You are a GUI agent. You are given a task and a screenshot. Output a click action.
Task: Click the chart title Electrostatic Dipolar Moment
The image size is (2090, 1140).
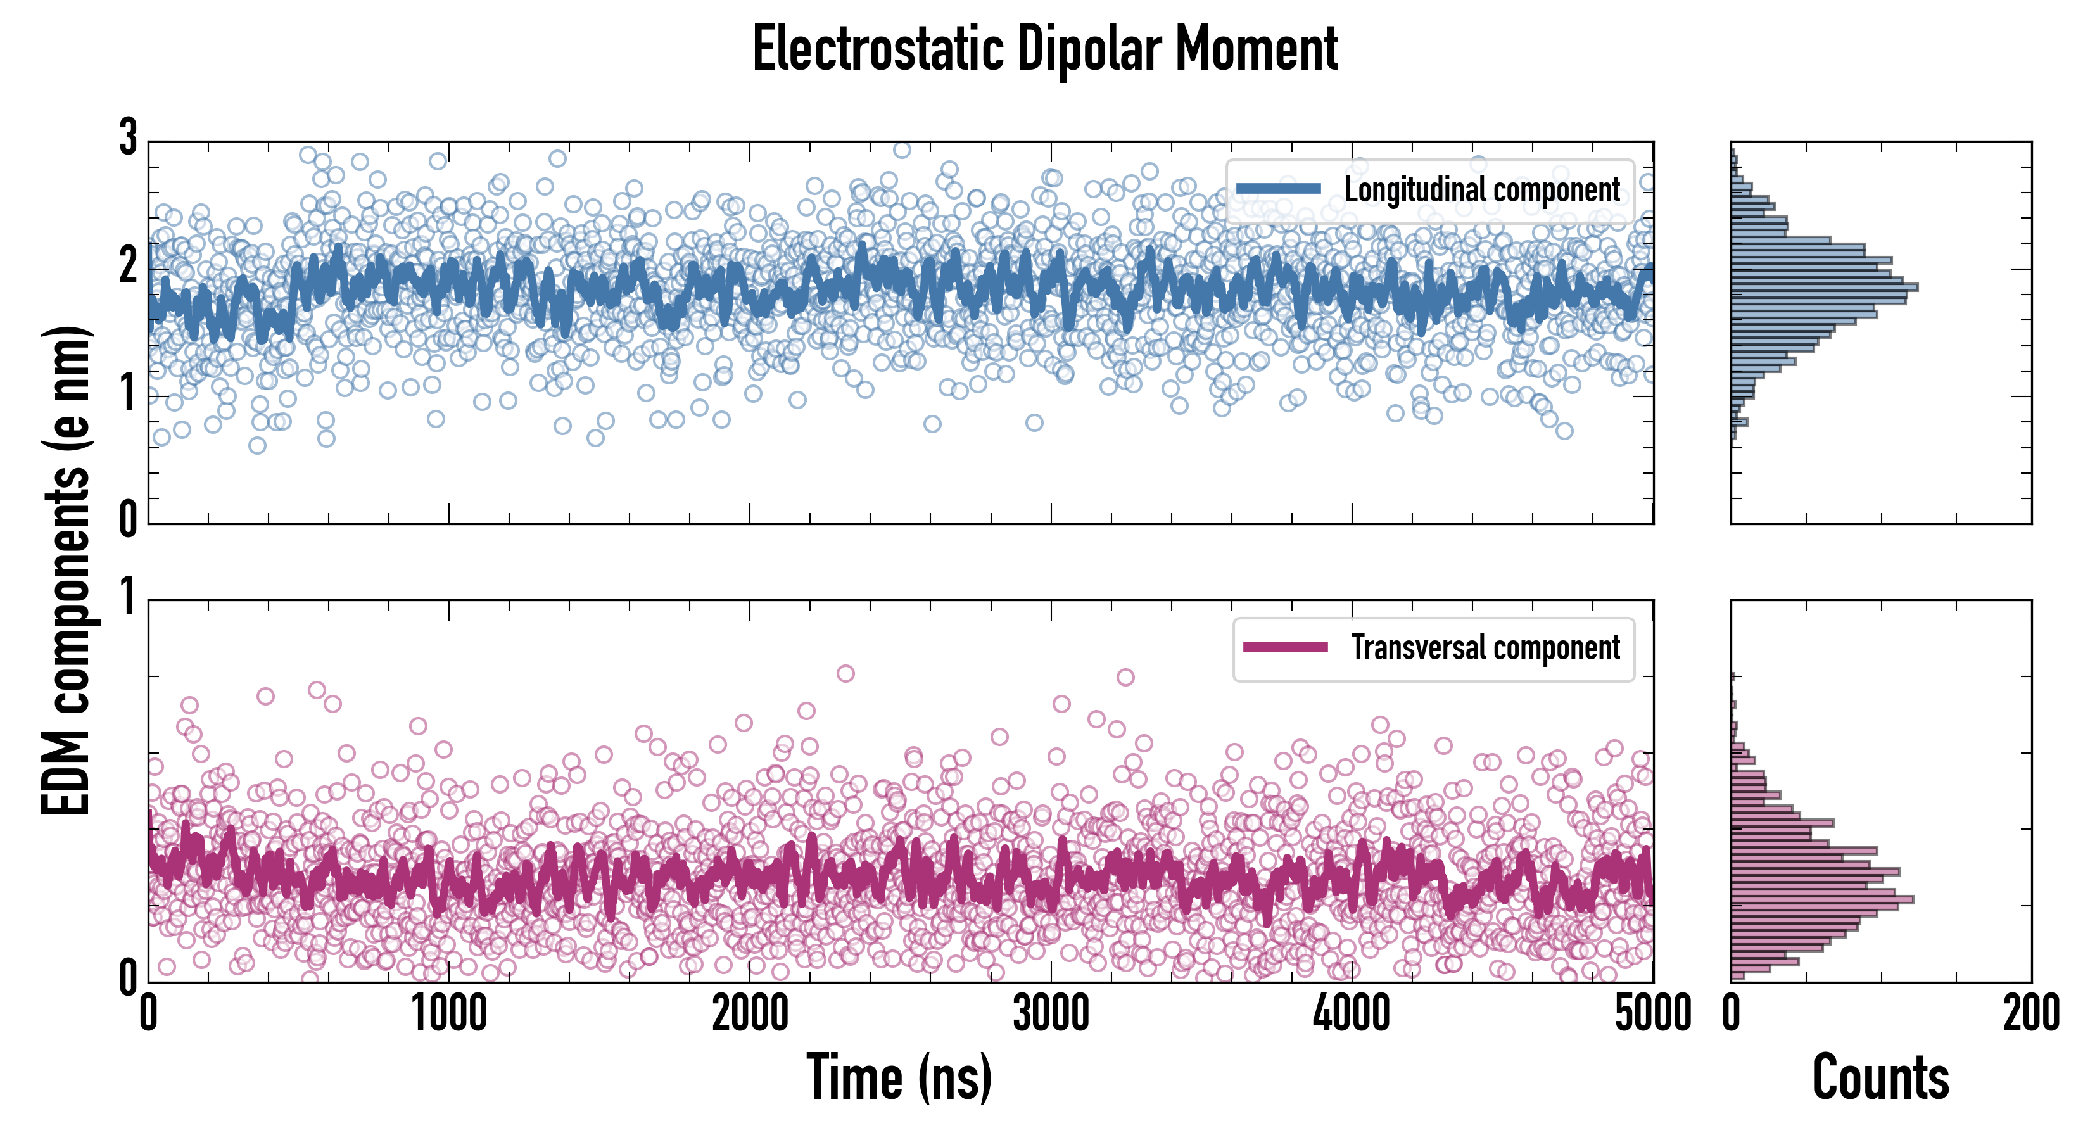point(1045,49)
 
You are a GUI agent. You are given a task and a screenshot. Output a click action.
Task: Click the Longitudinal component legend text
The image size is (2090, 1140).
point(1481,189)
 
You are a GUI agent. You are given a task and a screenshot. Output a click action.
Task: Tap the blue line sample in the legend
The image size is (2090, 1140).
point(1279,189)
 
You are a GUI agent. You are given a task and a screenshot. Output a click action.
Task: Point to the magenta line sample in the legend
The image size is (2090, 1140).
point(1285,647)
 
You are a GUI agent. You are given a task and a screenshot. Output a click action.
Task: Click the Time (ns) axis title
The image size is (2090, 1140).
point(899,1077)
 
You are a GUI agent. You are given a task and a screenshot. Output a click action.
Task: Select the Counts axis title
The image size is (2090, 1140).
point(1880,1077)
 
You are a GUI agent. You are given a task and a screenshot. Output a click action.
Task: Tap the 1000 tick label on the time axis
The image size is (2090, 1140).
point(448,1014)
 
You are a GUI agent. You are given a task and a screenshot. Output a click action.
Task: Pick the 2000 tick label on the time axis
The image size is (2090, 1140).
point(750,1014)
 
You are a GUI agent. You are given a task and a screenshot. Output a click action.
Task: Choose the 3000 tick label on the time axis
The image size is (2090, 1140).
point(1051,1014)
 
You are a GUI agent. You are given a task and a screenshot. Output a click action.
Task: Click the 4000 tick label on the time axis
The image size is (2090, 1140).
point(1352,1014)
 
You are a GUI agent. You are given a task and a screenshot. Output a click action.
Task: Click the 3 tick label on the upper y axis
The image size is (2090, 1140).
point(128,138)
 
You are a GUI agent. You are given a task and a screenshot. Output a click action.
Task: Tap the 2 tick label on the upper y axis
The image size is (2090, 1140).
point(128,265)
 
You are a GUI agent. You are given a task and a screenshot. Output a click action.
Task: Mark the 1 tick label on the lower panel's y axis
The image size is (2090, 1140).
point(128,598)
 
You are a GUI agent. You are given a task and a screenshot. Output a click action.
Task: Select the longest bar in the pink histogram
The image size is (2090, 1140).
point(1821,900)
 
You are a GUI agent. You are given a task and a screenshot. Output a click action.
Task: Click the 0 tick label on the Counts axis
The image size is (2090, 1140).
point(1732,1014)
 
